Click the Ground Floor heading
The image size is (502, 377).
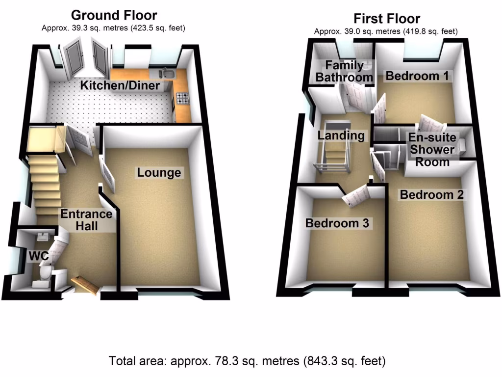(115, 15)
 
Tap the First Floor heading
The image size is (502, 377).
(386, 19)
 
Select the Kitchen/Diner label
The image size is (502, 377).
(121, 86)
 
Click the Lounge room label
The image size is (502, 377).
(159, 173)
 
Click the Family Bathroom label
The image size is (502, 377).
(344, 71)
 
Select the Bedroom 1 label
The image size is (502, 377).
(418, 76)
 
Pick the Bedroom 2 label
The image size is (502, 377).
(431, 194)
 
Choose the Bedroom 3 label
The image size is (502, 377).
(337, 223)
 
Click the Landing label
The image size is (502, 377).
(341, 135)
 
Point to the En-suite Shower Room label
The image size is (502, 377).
(433, 150)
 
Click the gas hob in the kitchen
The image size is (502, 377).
(183, 98)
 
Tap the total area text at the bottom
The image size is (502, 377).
(247, 362)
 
